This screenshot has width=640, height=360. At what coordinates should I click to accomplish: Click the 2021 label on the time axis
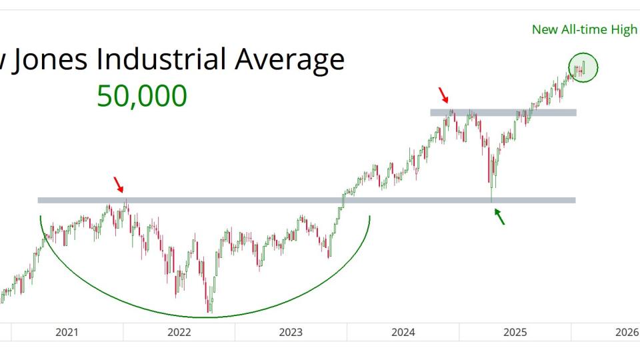(67, 332)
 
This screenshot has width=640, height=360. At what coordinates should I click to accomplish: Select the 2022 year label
(179, 332)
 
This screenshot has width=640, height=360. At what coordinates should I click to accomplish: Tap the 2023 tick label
(291, 332)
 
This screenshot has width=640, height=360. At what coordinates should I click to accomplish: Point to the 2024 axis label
(404, 332)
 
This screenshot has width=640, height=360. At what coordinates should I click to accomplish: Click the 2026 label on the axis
(627, 332)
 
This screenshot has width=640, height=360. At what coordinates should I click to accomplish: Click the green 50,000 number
(142, 97)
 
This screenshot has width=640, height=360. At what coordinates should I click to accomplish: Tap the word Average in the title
(289, 59)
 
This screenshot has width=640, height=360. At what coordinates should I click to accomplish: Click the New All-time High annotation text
(584, 29)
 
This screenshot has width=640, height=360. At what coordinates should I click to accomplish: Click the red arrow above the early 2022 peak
(119, 185)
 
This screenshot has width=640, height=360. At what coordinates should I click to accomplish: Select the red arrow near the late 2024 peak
(444, 95)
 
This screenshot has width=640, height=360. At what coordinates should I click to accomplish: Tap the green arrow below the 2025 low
(499, 216)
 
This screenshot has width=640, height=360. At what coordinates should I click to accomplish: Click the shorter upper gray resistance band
(503, 113)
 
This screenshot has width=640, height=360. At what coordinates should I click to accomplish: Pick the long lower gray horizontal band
(267, 200)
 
